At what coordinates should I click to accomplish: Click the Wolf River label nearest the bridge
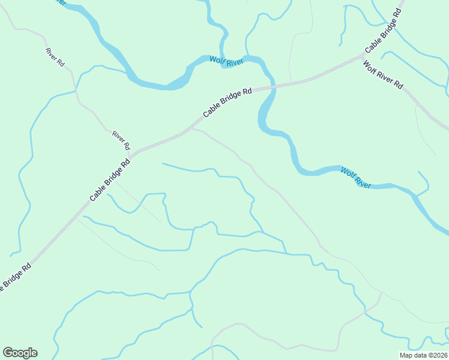[x=225, y=61]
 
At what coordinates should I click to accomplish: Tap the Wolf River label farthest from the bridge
[x=356, y=178]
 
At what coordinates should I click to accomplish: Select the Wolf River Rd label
[x=383, y=75]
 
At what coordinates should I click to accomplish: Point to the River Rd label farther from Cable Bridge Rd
[x=55, y=56]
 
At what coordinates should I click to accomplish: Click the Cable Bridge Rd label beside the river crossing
[x=228, y=103]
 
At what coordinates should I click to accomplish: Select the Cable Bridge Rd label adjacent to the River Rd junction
[x=110, y=180]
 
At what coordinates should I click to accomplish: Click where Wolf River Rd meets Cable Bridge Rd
[x=364, y=56]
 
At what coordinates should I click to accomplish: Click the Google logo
[x=20, y=353]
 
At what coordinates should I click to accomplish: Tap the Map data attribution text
[x=423, y=355]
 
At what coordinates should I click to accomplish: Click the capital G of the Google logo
[x=8, y=352]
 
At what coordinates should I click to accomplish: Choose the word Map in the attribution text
[x=406, y=355]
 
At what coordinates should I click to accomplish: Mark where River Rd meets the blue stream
[x=76, y=90]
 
